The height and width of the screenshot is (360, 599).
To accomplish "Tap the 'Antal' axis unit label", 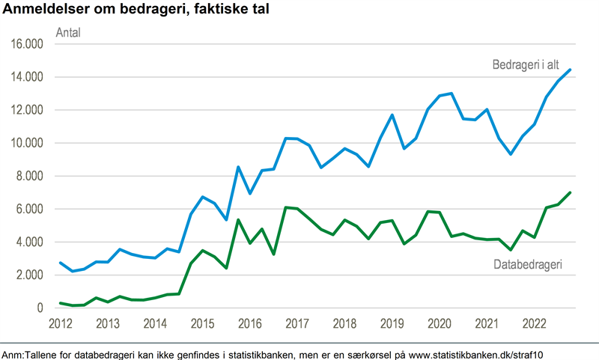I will coord(69,33).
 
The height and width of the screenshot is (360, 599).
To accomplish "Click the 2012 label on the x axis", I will coord(60,324).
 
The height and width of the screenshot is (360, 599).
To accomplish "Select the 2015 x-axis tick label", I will coord(202,324).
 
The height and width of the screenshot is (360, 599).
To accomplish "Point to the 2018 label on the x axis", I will coord(344,324).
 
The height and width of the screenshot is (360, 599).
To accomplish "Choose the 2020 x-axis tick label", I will coord(439,324).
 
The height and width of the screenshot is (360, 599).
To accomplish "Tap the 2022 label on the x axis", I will coord(534,324).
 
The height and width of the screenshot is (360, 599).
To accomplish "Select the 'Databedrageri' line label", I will coord(528,264).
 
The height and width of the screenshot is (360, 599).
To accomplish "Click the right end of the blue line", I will coord(571,70).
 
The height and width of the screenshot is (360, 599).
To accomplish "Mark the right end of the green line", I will coord(571,192).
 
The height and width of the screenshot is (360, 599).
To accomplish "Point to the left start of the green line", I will coord(61,303).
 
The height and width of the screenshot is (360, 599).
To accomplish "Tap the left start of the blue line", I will coord(61,263).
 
